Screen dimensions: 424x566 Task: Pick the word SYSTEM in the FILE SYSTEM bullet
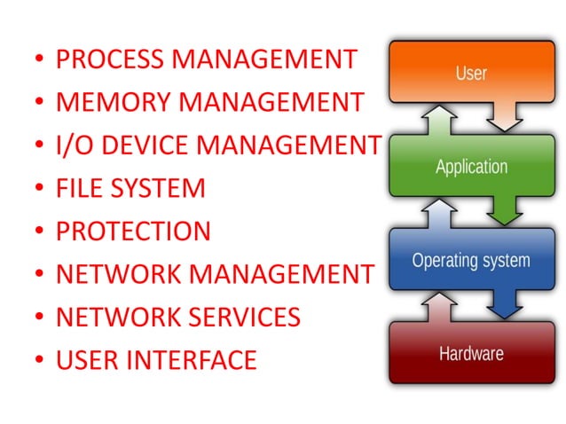[158, 188]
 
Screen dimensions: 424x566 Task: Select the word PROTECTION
[133, 232]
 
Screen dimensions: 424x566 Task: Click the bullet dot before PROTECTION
[38, 232]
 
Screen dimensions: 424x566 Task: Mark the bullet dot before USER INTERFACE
[38, 361]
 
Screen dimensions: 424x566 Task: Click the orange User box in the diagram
[471, 72]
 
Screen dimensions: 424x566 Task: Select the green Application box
[471, 166]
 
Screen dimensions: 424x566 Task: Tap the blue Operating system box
[471, 261]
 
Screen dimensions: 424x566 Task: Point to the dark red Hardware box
[471, 353]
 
